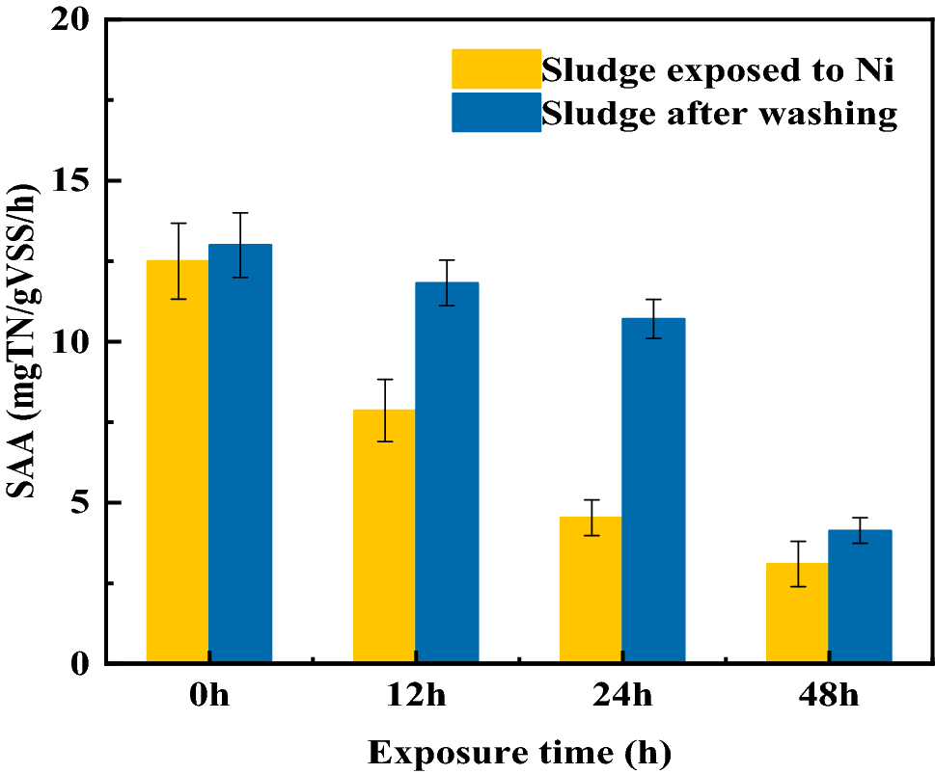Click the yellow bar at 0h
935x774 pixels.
pyautogui.click(x=178, y=462)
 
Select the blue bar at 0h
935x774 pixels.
pyautogui.click(x=240, y=454)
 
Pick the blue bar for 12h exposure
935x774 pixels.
pyautogui.click(x=447, y=472)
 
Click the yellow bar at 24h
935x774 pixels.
pyautogui.click(x=591, y=590)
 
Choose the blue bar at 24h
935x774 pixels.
pyautogui.click(x=653, y=491)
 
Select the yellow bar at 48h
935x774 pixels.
pyautogui.click(x=797, y=613)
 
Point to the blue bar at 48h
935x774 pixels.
pyautogui.click(x=860, y=597)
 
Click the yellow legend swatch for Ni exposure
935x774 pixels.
pyautogui.click(x=496, y=68)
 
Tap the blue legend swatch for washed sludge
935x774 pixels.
pyautogui.click(x=496, y=112)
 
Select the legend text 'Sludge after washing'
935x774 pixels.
pyautogui.click(x=719, y=113)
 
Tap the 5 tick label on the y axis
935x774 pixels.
pyautogui.click(x=79, y=503)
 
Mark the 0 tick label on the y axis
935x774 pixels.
pyautogui.click(x=79, y=664)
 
